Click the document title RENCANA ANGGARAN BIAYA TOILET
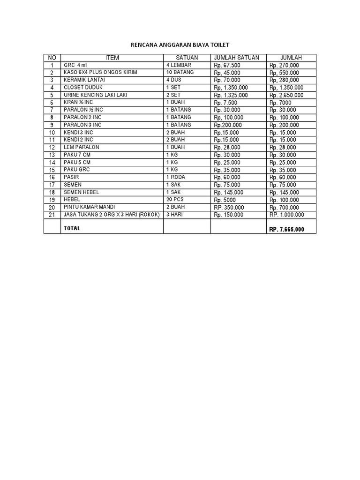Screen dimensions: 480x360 click(180, 45)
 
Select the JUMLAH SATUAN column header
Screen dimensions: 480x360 click(236, 58)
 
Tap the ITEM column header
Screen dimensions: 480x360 click(112, 58)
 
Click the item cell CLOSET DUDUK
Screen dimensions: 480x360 click(83, 88)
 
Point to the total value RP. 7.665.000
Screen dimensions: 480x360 click(286, 230)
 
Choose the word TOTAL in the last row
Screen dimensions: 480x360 click(72, 228)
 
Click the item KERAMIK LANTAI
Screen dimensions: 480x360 click(85, 80)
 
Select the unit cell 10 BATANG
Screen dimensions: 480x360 click(180, 73)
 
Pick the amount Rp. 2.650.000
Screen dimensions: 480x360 click(286, 95)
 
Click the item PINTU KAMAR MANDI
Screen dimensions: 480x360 click(89, 207)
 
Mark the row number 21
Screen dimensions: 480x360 click(52, 215)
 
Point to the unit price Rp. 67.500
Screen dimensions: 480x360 click(227, 65)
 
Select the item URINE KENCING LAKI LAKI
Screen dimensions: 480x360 click(96, 95)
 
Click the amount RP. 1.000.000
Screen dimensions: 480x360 click(286, 215)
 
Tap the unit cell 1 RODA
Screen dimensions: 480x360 click(177, 177)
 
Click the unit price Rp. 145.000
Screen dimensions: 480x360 click(228, 192)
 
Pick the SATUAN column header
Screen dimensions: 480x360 click(187, 58)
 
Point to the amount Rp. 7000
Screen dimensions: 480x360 click(280, 103)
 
